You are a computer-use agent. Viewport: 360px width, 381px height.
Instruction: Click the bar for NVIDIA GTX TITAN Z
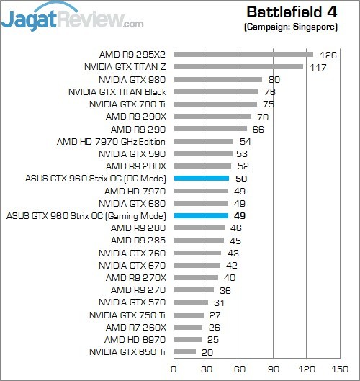(x=238, y=66)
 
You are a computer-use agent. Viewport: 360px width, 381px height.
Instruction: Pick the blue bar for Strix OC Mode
(x=201, y=178)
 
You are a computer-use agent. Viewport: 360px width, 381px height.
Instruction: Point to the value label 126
(x=328, y=54)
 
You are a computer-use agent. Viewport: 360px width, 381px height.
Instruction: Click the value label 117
(x=317, y=66)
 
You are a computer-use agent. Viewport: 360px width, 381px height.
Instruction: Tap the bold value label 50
(x=242, y=178)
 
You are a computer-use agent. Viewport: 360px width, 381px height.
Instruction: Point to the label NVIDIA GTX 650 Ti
(x=127, y=352)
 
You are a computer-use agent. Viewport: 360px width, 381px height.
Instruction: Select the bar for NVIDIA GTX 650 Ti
(x=184, y=352)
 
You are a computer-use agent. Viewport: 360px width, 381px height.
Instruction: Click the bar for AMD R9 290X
(x=212, y=116)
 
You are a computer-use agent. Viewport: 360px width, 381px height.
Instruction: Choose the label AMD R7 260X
(x=135, y=327)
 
